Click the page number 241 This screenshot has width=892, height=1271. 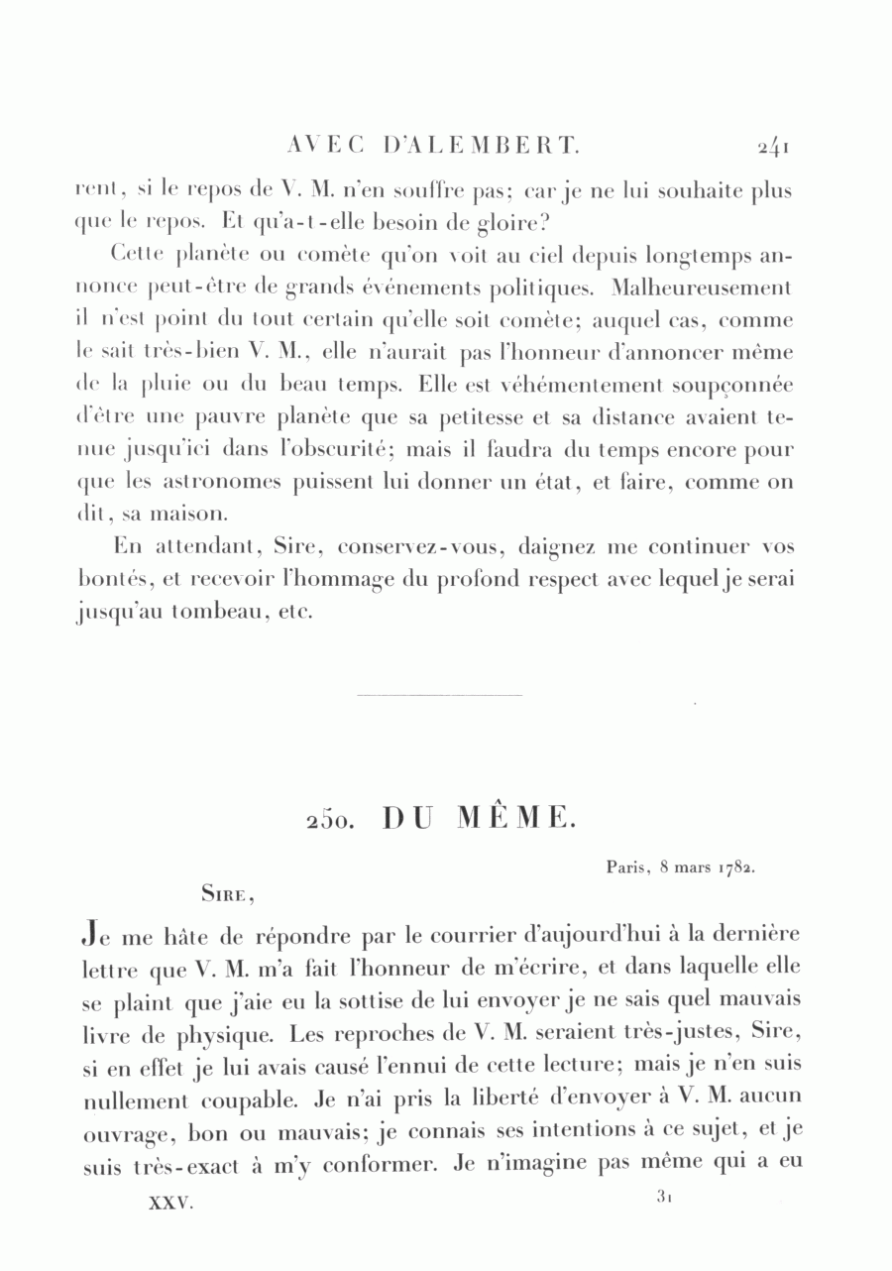coord(772,148)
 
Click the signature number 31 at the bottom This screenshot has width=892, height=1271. coord(665,1197)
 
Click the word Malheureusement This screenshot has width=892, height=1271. coord(702,289)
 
